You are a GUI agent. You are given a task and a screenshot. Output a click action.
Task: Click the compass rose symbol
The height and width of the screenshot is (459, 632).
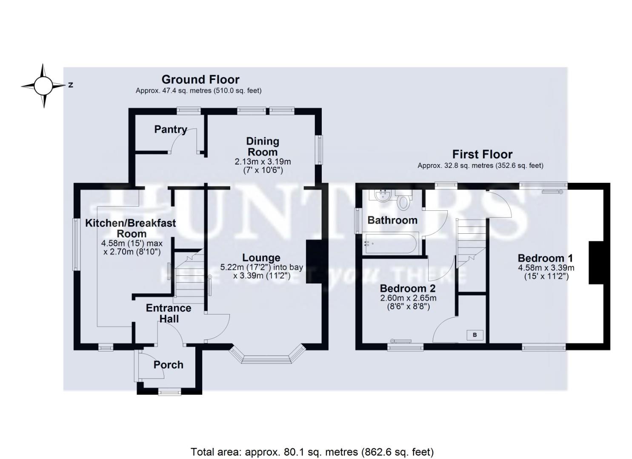43,86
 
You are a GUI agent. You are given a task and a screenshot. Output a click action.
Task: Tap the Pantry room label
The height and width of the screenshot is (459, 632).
171,129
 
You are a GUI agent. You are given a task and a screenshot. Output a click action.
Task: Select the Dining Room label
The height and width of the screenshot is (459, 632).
263,146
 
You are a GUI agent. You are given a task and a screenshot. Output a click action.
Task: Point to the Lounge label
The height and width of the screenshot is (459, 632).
261,258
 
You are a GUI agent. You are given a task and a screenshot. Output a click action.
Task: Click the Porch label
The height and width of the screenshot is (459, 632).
169,365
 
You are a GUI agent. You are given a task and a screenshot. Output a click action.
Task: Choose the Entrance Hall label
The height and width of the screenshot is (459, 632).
169,313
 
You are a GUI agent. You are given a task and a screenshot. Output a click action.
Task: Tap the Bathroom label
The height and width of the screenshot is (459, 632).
392,220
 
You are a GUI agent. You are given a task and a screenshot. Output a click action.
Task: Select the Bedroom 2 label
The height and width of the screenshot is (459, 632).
408,288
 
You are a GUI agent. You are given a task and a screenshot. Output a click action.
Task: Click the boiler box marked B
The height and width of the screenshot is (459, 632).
475,335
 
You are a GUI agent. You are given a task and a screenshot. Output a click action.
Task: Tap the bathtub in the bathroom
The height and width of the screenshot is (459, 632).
392,244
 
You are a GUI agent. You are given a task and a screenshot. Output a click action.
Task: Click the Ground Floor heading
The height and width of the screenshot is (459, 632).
200,79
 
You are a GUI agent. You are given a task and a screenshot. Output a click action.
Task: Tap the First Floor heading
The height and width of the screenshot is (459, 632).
482,154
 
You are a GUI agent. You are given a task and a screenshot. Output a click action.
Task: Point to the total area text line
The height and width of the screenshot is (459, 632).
312,451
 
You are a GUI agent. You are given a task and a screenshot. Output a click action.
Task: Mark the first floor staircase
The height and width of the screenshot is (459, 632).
471,240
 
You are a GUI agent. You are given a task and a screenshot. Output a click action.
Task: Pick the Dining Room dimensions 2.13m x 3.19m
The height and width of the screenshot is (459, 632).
263,162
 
